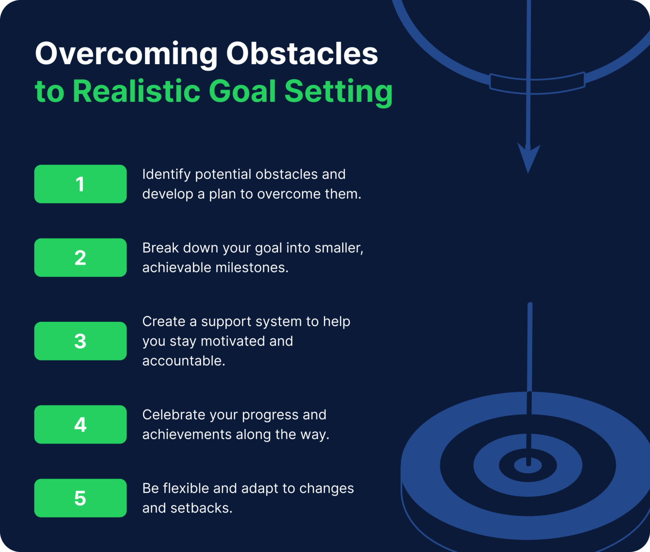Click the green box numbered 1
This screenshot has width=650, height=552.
coord(80,184)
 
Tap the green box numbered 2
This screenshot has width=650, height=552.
coord(80,258)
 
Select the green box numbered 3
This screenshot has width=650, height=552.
coord(80,341)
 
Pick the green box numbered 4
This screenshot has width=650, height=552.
coord(80,424)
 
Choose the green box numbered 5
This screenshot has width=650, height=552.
coord(80,498)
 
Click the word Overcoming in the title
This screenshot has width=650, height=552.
coord(126,54)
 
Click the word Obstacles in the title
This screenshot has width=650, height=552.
coord(302,54)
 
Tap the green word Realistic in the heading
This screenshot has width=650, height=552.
coord(137,91)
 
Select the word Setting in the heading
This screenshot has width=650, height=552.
coord(339,92)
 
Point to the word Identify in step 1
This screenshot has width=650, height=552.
coord(166,175)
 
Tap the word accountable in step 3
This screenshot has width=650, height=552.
coord(183,361)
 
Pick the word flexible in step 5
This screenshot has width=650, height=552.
coord(186,489)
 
